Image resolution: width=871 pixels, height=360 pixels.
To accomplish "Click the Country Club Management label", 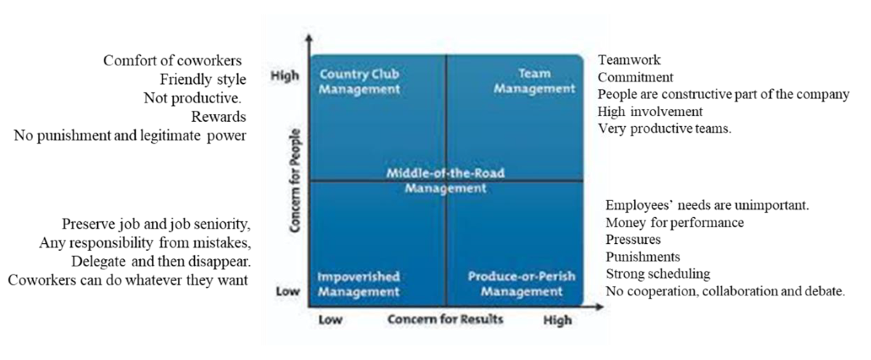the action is tap(359, 81).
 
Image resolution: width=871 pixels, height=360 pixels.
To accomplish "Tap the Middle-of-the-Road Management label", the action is tap(445, 180).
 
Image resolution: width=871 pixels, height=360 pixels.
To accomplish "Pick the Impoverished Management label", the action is tap(359, 285).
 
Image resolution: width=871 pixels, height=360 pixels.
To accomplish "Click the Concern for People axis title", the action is tap(295, 181).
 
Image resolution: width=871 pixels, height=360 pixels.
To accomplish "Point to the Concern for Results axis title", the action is tap(445, 319).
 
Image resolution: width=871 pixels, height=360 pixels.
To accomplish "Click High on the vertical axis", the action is tap(284, 75).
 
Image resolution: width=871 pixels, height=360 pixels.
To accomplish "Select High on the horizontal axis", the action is tap(557, 320).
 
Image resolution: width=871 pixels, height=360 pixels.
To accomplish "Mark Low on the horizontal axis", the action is tap(330, 320).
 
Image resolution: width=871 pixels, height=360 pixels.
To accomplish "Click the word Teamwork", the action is tap(629, 60).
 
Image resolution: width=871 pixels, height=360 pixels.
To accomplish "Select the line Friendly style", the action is tap(203, 79).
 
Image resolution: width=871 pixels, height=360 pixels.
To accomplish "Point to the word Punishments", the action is tap(642, 257).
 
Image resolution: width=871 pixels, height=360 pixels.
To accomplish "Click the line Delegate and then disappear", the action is tap(161, 261).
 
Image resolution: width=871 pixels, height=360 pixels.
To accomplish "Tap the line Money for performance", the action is tap(674, 222).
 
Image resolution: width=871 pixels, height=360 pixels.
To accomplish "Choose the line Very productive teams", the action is tap(665, 129).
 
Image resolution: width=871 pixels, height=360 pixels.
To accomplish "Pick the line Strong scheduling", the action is tap(658, 274).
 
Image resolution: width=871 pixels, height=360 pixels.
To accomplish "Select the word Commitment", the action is tap(636, 77).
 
